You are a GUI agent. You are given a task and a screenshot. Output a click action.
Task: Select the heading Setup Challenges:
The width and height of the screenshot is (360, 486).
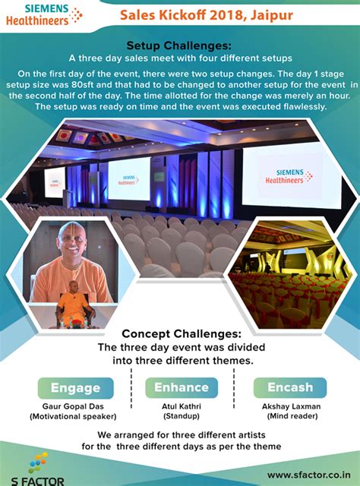click(180, 45)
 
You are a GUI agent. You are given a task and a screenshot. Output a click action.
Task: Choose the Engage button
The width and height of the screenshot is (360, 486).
click(76, 387)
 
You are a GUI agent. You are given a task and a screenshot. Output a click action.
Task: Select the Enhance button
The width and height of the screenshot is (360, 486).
click(182, 387)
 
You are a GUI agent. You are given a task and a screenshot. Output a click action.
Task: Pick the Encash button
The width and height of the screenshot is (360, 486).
click(289, 387)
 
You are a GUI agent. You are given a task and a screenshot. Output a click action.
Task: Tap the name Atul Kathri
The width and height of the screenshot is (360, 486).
click(181, 406)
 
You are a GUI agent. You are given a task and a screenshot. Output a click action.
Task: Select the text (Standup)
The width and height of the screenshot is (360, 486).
click(181, 417)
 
